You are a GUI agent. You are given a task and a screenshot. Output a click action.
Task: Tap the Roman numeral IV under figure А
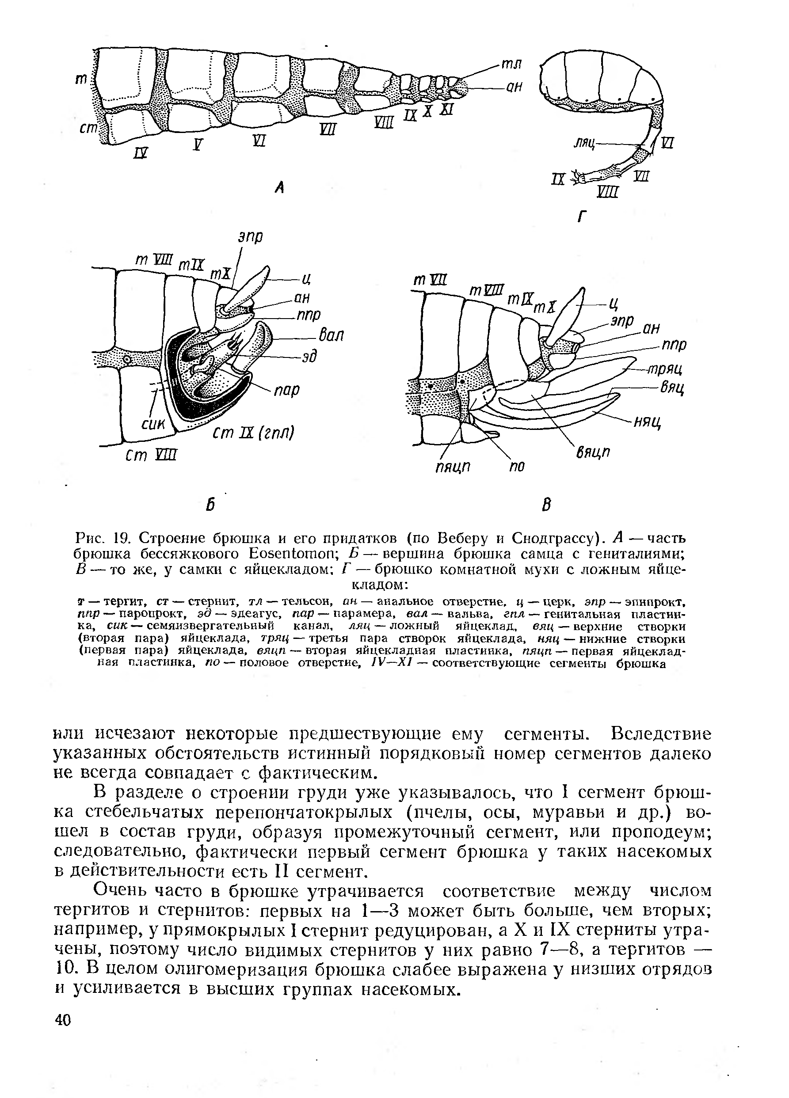pos(141,153)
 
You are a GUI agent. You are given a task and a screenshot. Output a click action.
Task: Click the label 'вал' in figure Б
pos(331,335)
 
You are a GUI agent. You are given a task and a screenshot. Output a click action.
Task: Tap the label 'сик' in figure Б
pos(153,425)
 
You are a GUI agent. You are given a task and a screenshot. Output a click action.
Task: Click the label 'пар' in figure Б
pos(287,390)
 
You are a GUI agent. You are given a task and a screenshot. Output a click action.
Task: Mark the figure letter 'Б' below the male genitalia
pos(210,505)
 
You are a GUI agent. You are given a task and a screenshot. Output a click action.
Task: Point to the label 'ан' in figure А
pos(514,87)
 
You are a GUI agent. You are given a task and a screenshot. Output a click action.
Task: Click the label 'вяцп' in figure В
pos(593,452)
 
